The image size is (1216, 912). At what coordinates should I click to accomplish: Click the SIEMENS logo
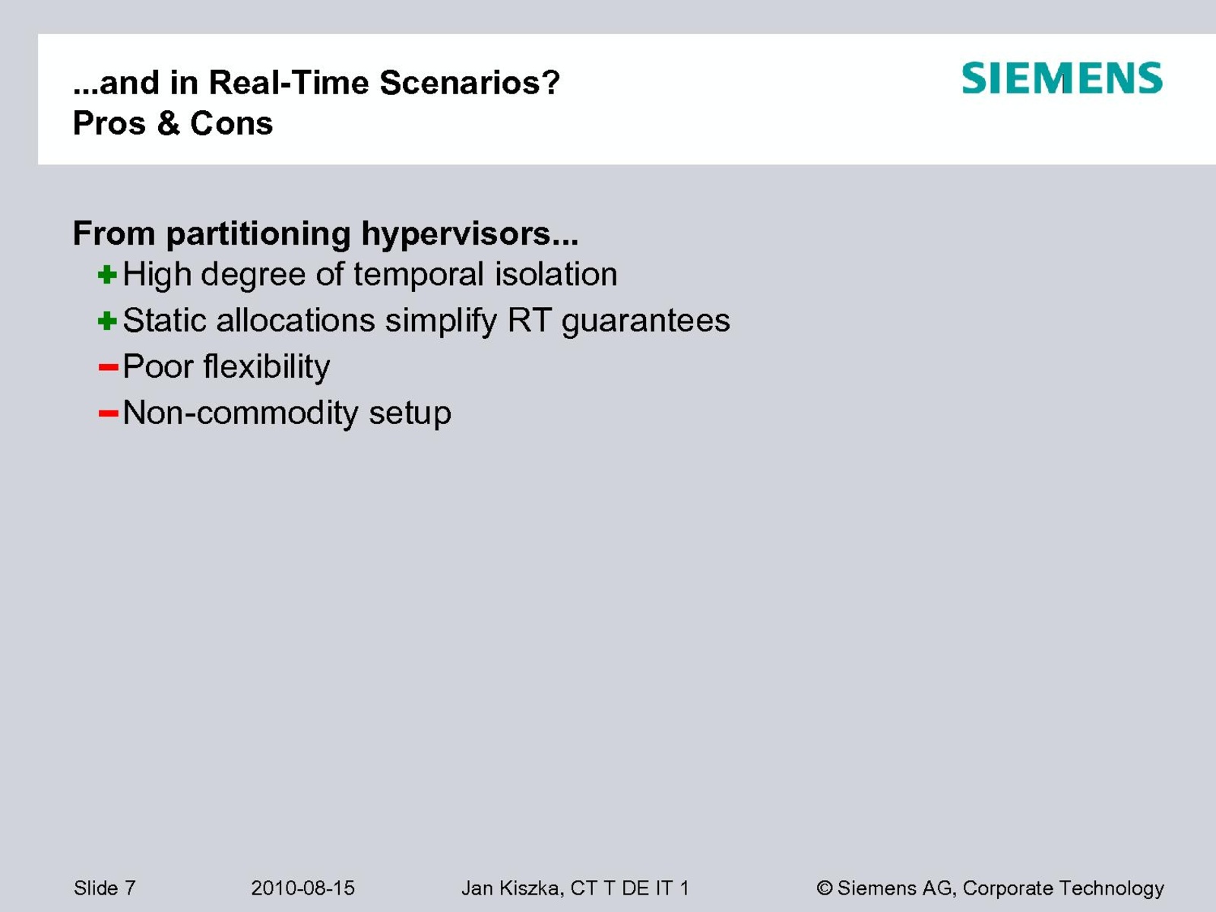[1062, 78]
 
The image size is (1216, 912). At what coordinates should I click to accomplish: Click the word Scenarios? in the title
[470, 83]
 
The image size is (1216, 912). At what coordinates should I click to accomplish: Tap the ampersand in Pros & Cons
[169, 123]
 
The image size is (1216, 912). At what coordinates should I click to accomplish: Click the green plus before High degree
[107, 274]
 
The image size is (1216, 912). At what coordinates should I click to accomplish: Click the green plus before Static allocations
[107, 321]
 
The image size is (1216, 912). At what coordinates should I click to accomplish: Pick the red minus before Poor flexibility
[108, 366]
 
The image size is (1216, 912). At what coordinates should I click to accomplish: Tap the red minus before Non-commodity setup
[108, 413]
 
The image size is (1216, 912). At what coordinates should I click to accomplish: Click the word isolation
[556, 274]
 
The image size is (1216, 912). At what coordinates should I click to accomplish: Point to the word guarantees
[646, 321]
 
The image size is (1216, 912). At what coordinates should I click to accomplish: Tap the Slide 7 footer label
[105, 888]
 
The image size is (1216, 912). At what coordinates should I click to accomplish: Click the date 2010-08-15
[302, 888]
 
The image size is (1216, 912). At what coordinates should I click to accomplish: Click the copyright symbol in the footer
[825, 888]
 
